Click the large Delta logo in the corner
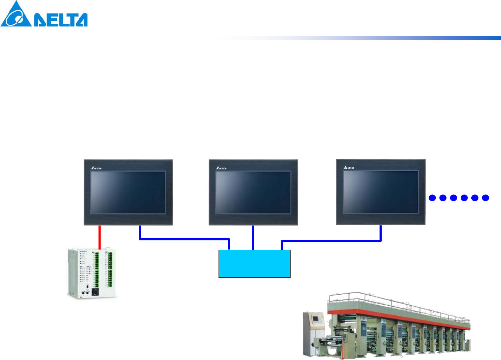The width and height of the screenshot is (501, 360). click(x=44, y=14)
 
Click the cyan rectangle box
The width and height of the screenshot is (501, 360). click(x=254, y=264)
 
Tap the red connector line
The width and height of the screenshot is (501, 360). click(x=100, y=237)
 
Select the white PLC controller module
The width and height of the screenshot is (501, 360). click(x=92, y=274)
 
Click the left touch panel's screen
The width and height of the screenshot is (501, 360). click(x=128, y=192)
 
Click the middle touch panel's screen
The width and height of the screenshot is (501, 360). click(x=253, y=192)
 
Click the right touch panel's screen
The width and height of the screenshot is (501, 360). click(x=381, y=192)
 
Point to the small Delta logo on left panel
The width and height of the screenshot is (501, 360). click(x=96, y=168)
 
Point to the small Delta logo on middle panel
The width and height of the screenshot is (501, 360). click(x=221, y=168)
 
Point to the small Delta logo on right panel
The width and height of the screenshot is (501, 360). click(x=349, y=168)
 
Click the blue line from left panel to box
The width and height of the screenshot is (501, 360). click(x=184, y=239)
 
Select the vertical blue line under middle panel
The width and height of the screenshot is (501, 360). click(x=253, y=238)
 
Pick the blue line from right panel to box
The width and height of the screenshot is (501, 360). click(x=332, y=241)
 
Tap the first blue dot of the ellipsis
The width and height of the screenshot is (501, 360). click(x=432, y=198)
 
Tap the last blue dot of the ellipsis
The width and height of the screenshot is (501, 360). click(x=485, y=198)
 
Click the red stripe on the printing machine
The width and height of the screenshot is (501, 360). click(x=395, y=318)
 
